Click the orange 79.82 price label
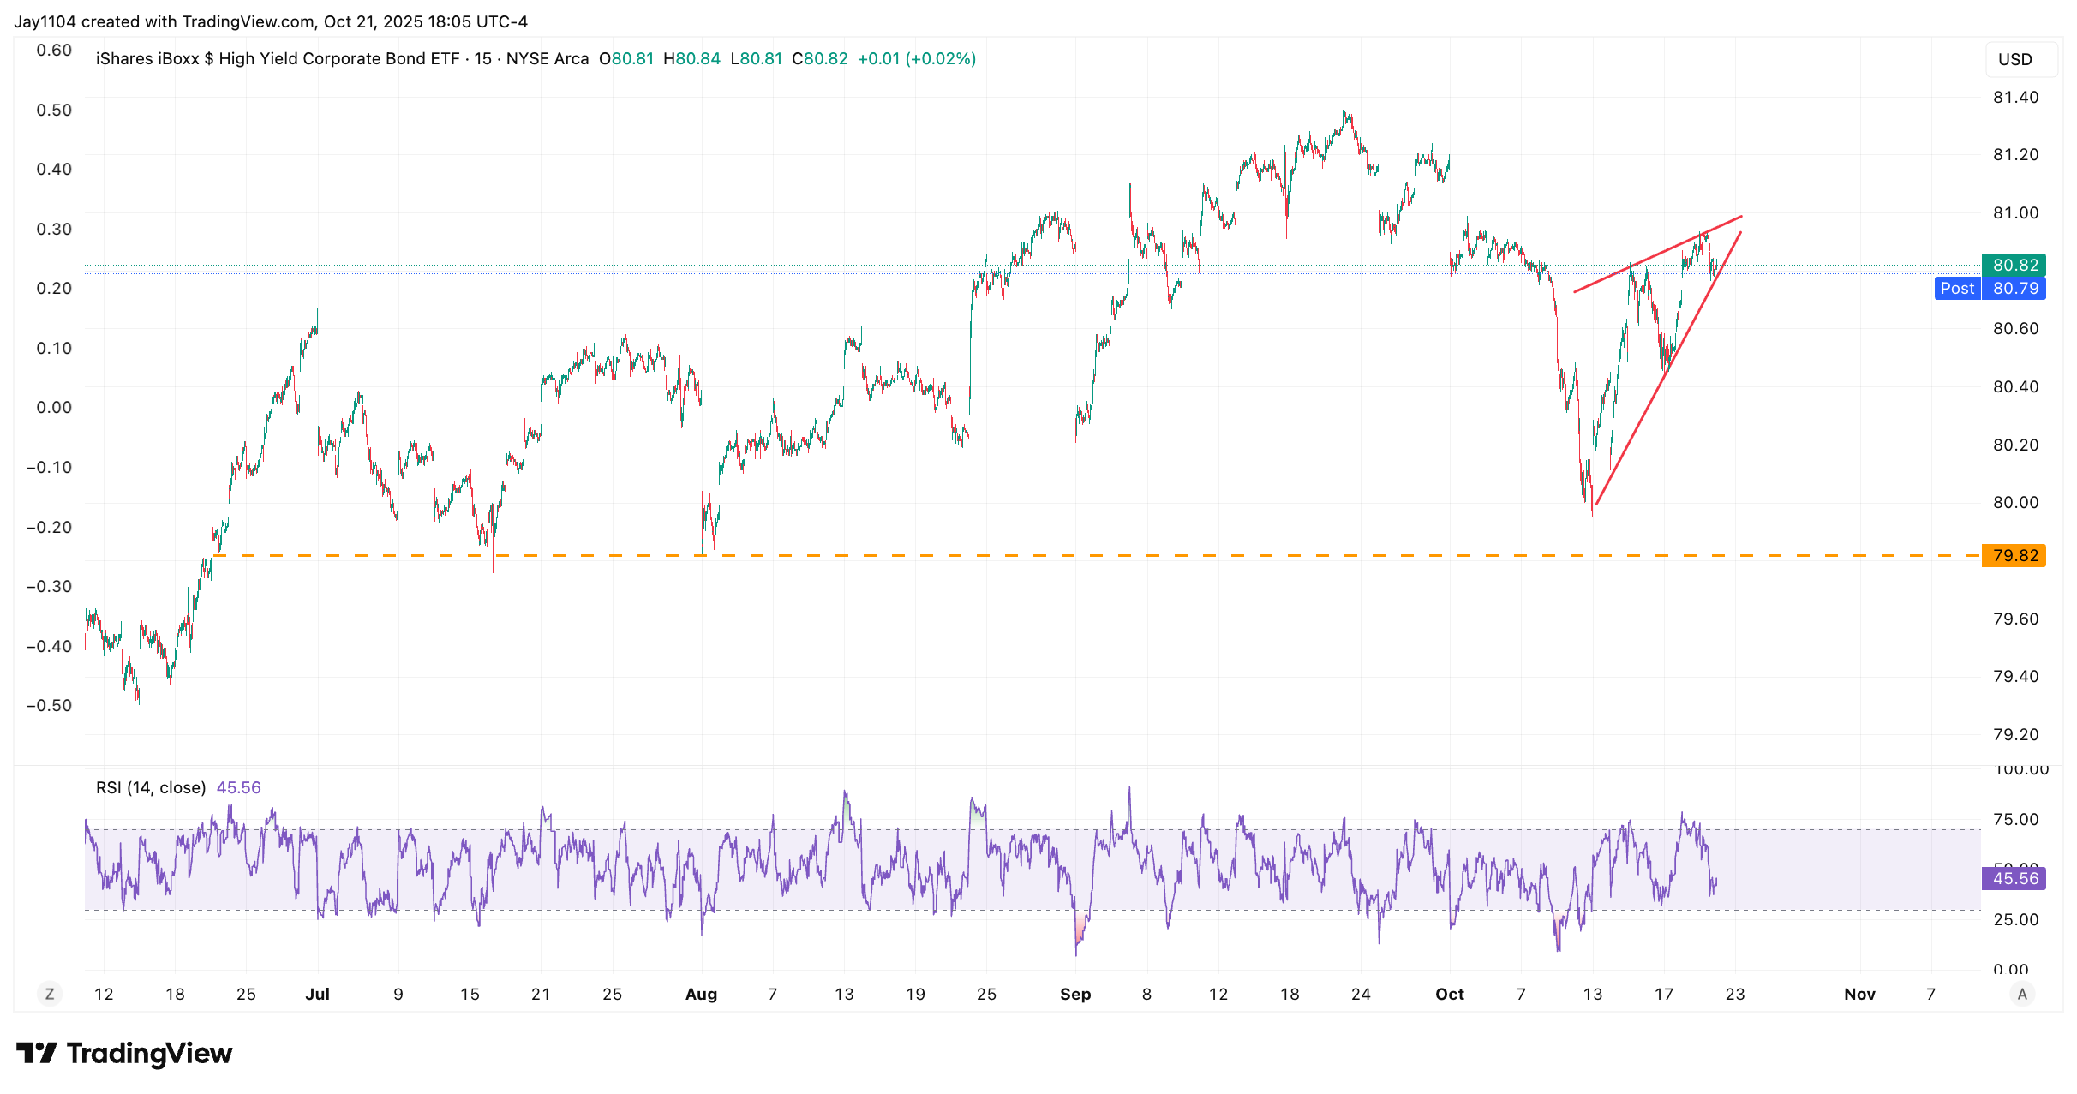2014,555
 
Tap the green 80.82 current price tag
2014,265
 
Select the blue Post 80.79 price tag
1990,288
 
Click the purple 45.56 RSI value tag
2014,878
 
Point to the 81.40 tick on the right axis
2015,97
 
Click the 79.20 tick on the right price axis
2015,734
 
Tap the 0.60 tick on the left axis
54,50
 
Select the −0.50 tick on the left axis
50,705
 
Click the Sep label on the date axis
1075,994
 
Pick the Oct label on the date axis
1450,994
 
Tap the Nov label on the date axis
1859,994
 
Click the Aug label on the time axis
701,994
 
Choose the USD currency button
2014,59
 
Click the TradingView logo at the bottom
124,1053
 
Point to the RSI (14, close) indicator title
151,787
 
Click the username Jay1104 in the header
45,21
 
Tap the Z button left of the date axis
50,994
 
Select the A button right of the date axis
2022,994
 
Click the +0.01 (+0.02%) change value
916,58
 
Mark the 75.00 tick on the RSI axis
2015,819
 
